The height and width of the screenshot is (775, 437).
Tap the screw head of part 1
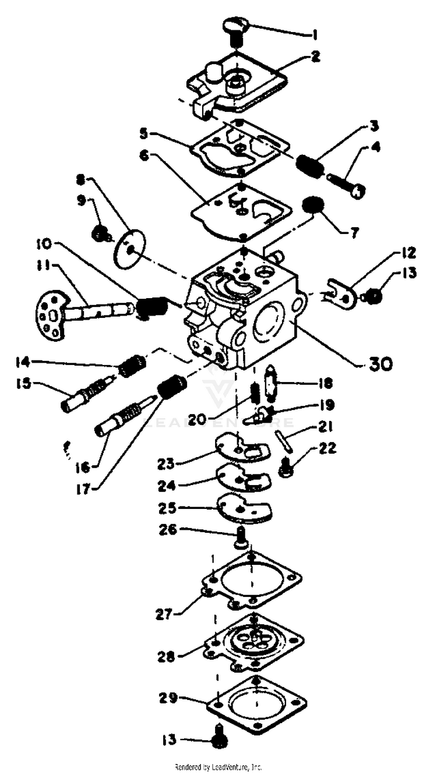tap(236, 25)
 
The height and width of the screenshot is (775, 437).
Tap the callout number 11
tap(42, 266)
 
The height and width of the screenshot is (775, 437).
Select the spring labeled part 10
tap(153, 306)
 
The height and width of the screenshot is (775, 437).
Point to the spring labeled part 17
tap(172, 387)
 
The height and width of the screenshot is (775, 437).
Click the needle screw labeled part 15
tap(85, 395)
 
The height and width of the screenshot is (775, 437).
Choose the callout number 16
tap(83, 467)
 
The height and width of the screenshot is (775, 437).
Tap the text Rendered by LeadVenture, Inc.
tap(218, 767)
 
